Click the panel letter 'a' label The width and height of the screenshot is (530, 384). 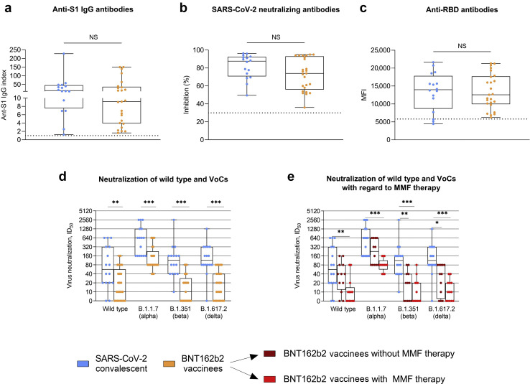(6, 9)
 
